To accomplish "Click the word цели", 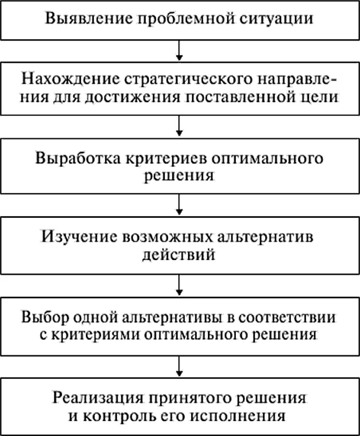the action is pyautogui.click(x=324, y=97).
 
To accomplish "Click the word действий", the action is pyautogui.click(x=179, y=254).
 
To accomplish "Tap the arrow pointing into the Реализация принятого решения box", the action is pyautogui.click(x=179, y=365).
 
